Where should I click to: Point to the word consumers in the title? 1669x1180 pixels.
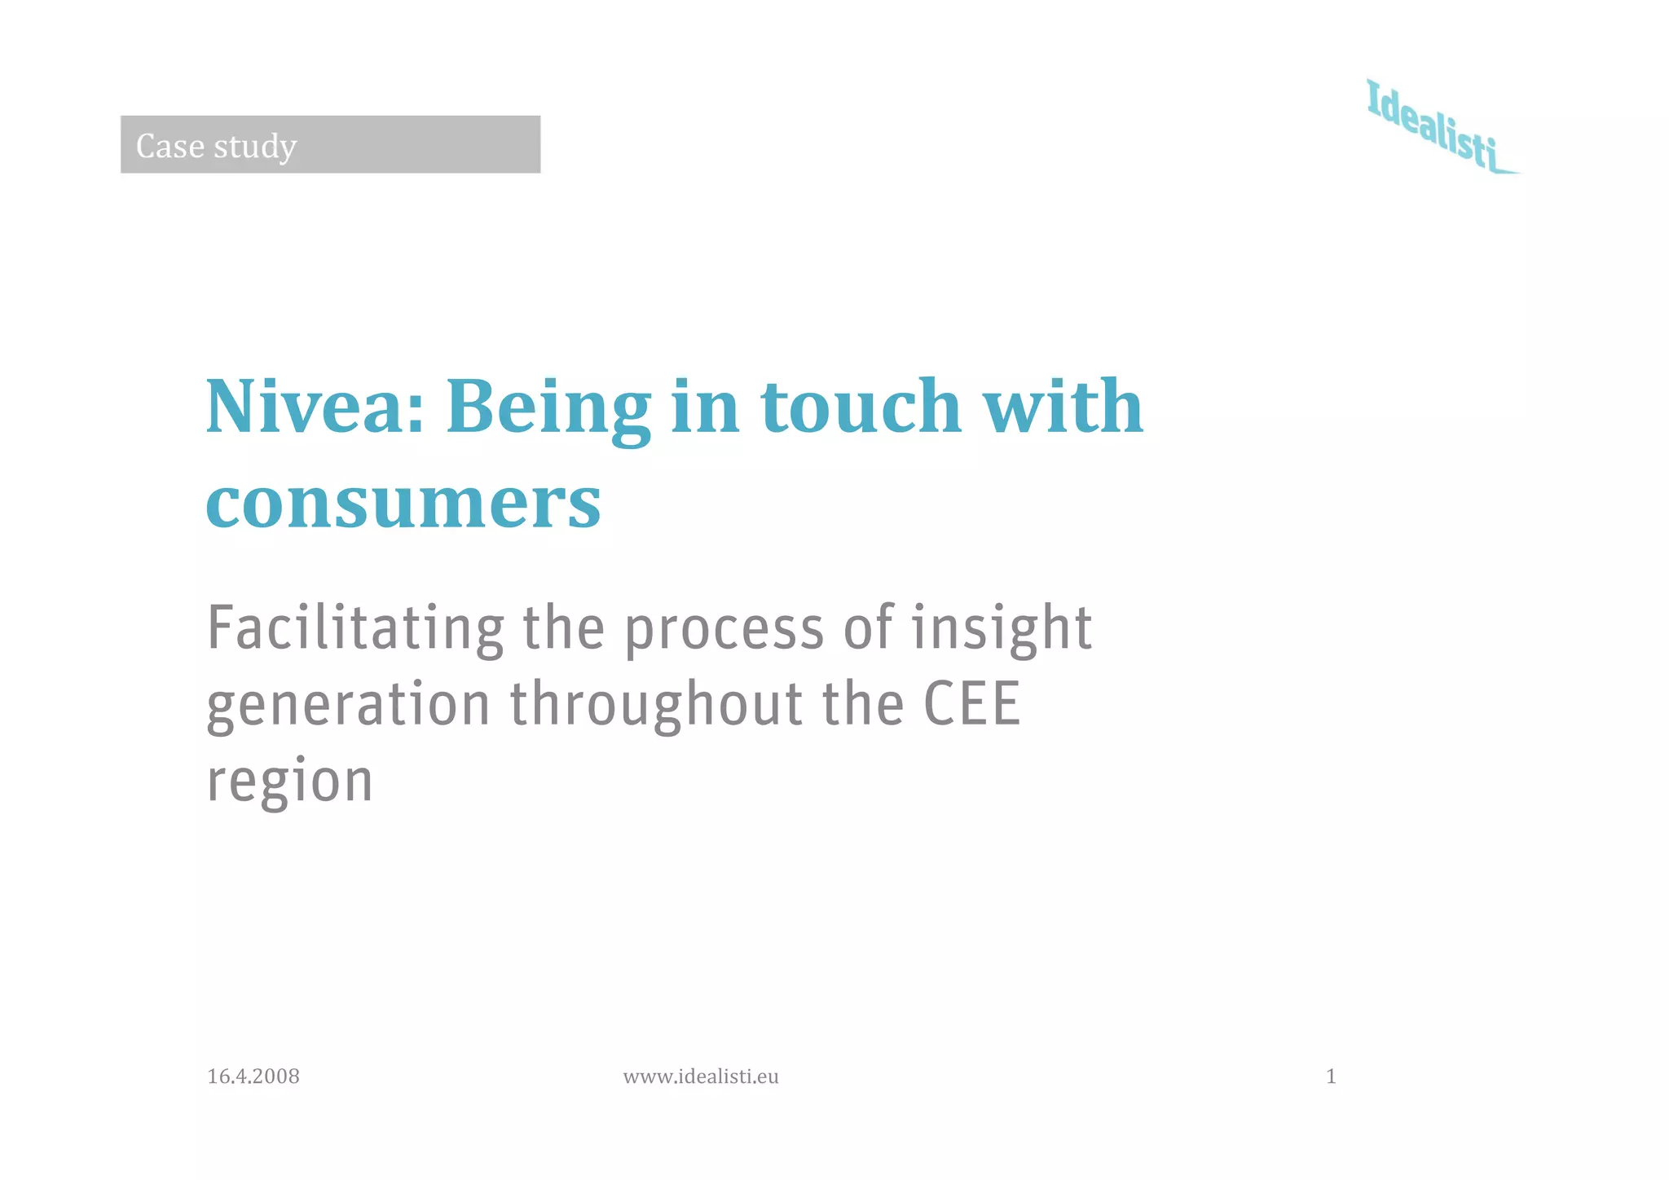(403, 503)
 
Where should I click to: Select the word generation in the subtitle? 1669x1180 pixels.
(348, 706)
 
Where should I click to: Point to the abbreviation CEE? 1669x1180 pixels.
(971, 704)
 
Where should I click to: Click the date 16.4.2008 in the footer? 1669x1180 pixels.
(253, 1077)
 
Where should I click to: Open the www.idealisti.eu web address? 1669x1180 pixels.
(701, 1077)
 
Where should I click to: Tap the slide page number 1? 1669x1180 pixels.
(1331, 1077)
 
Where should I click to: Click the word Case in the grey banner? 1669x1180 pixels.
(170, 146)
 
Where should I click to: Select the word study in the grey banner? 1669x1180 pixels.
(255, 147)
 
